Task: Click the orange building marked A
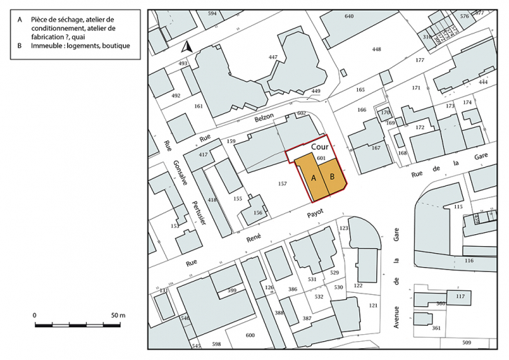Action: click(312, 178)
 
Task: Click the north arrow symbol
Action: click(187, 47)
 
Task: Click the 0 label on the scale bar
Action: click(35, 316)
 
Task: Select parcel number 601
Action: click(322, 159)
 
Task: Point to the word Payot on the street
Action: click(312, 216)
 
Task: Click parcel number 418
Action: click(213, 201)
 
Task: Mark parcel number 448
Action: click(377, 49)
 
